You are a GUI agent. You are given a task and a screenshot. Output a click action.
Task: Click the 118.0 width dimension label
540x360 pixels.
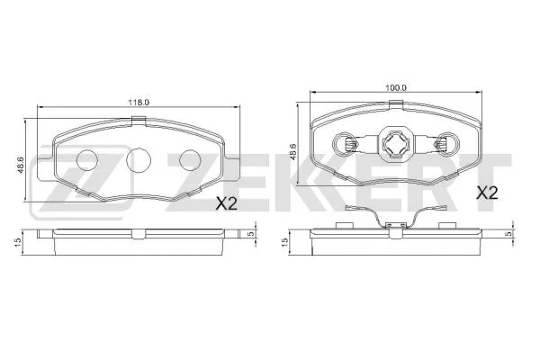click(137, 102)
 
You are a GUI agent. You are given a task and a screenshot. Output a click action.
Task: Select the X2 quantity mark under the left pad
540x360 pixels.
click(225, 204)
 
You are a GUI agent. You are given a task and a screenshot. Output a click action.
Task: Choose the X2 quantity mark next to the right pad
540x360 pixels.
click(486, 192)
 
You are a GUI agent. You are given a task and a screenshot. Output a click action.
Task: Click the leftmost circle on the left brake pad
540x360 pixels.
click(87, 160)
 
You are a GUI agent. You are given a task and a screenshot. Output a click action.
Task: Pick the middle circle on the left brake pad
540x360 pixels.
click(138, 160)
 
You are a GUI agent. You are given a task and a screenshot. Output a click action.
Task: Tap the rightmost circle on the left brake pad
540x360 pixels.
click(189, 160)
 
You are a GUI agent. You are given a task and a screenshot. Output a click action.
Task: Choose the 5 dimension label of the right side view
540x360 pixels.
click(508, 234)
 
